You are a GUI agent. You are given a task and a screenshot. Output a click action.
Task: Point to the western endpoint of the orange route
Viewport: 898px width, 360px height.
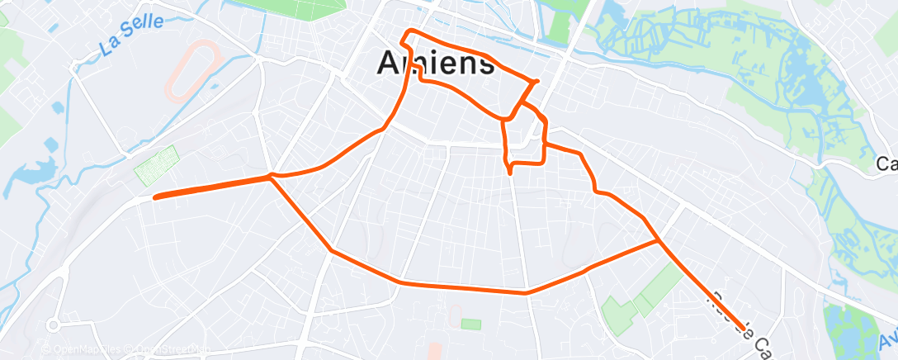point(155,197)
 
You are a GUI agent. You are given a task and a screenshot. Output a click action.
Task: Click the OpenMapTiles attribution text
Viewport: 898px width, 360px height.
point(83,350)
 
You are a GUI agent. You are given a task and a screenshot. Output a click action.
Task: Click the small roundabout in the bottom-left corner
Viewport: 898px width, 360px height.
point(55,324)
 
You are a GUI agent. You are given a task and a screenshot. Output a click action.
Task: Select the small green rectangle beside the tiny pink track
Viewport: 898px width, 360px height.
point(470,324)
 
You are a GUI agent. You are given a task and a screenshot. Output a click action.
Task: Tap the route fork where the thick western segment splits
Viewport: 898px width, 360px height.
point(271,176)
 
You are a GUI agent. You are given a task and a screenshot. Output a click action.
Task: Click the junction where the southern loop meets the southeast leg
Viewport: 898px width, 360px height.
point(658,241)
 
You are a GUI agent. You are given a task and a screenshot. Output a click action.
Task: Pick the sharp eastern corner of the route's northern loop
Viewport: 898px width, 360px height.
point(537,81)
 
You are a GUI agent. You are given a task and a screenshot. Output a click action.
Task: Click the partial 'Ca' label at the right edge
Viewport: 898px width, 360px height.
point(887,165)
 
